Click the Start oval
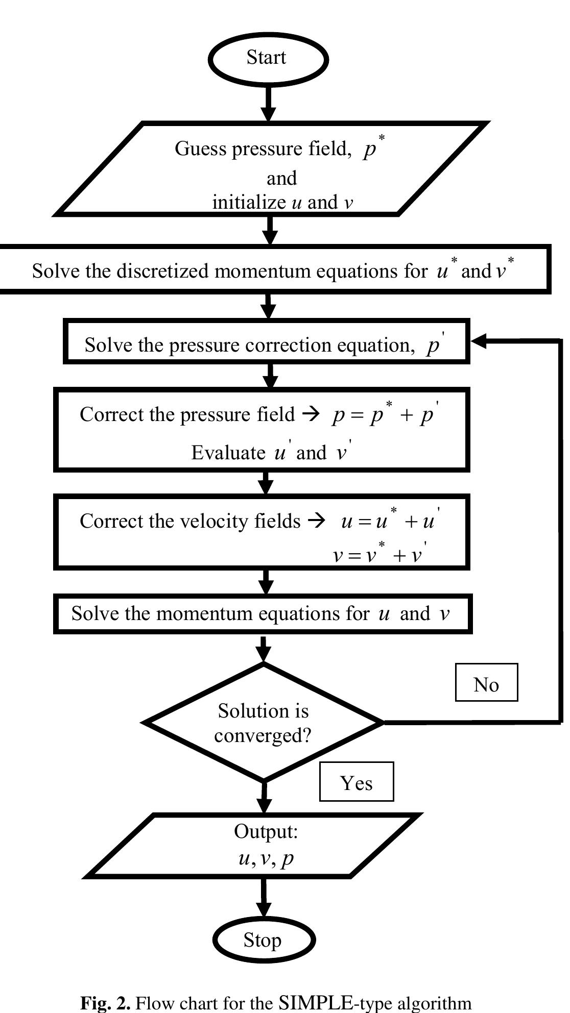point(268,58)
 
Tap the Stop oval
point(264,940)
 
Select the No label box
point(486,683)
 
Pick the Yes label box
point(357,782)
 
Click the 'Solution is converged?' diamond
point(264,723)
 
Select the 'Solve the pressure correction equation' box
point(266,342)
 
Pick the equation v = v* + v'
point(380,554)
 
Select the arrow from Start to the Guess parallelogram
point(269,104)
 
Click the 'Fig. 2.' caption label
point(105,1003)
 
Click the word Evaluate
point(228,453)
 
